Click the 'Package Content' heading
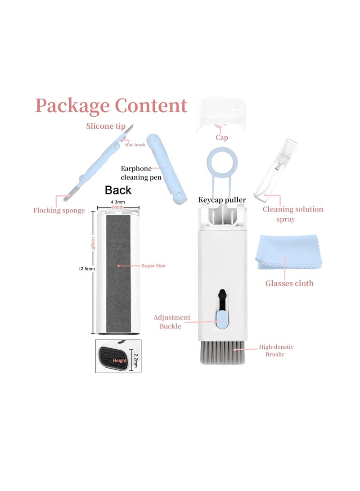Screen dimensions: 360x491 [x=111, y=106]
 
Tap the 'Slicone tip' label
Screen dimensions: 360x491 [x=106, y=126]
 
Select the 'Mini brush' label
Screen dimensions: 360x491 [x=135, y=144]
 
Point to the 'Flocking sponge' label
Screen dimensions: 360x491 [x=59, y=211]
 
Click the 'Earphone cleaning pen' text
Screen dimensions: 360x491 [x=141, y=173]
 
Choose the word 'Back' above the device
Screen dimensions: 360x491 [x=118, y=190]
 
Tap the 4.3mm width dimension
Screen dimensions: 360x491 [x=118, y=202]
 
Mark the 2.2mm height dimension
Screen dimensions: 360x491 [x=136, y=360]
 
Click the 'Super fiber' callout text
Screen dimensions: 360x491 [x=153, y=266]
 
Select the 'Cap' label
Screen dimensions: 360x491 [x=222, y=137]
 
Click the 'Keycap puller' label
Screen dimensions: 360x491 [x=222, y=200]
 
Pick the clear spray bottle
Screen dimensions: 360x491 [x=275, y=169]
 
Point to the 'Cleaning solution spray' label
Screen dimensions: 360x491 [x=292, y=214]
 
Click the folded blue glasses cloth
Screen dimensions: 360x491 [x=289, y=252]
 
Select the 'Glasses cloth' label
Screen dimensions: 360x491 [x=289, y=284]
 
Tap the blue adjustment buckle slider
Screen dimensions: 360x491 [x=222, y=320]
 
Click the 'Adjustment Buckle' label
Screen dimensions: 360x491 [x=171, y=322]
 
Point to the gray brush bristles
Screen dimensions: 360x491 [x=222, y=352]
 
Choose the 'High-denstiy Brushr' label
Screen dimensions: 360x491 [x=276, y=351]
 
